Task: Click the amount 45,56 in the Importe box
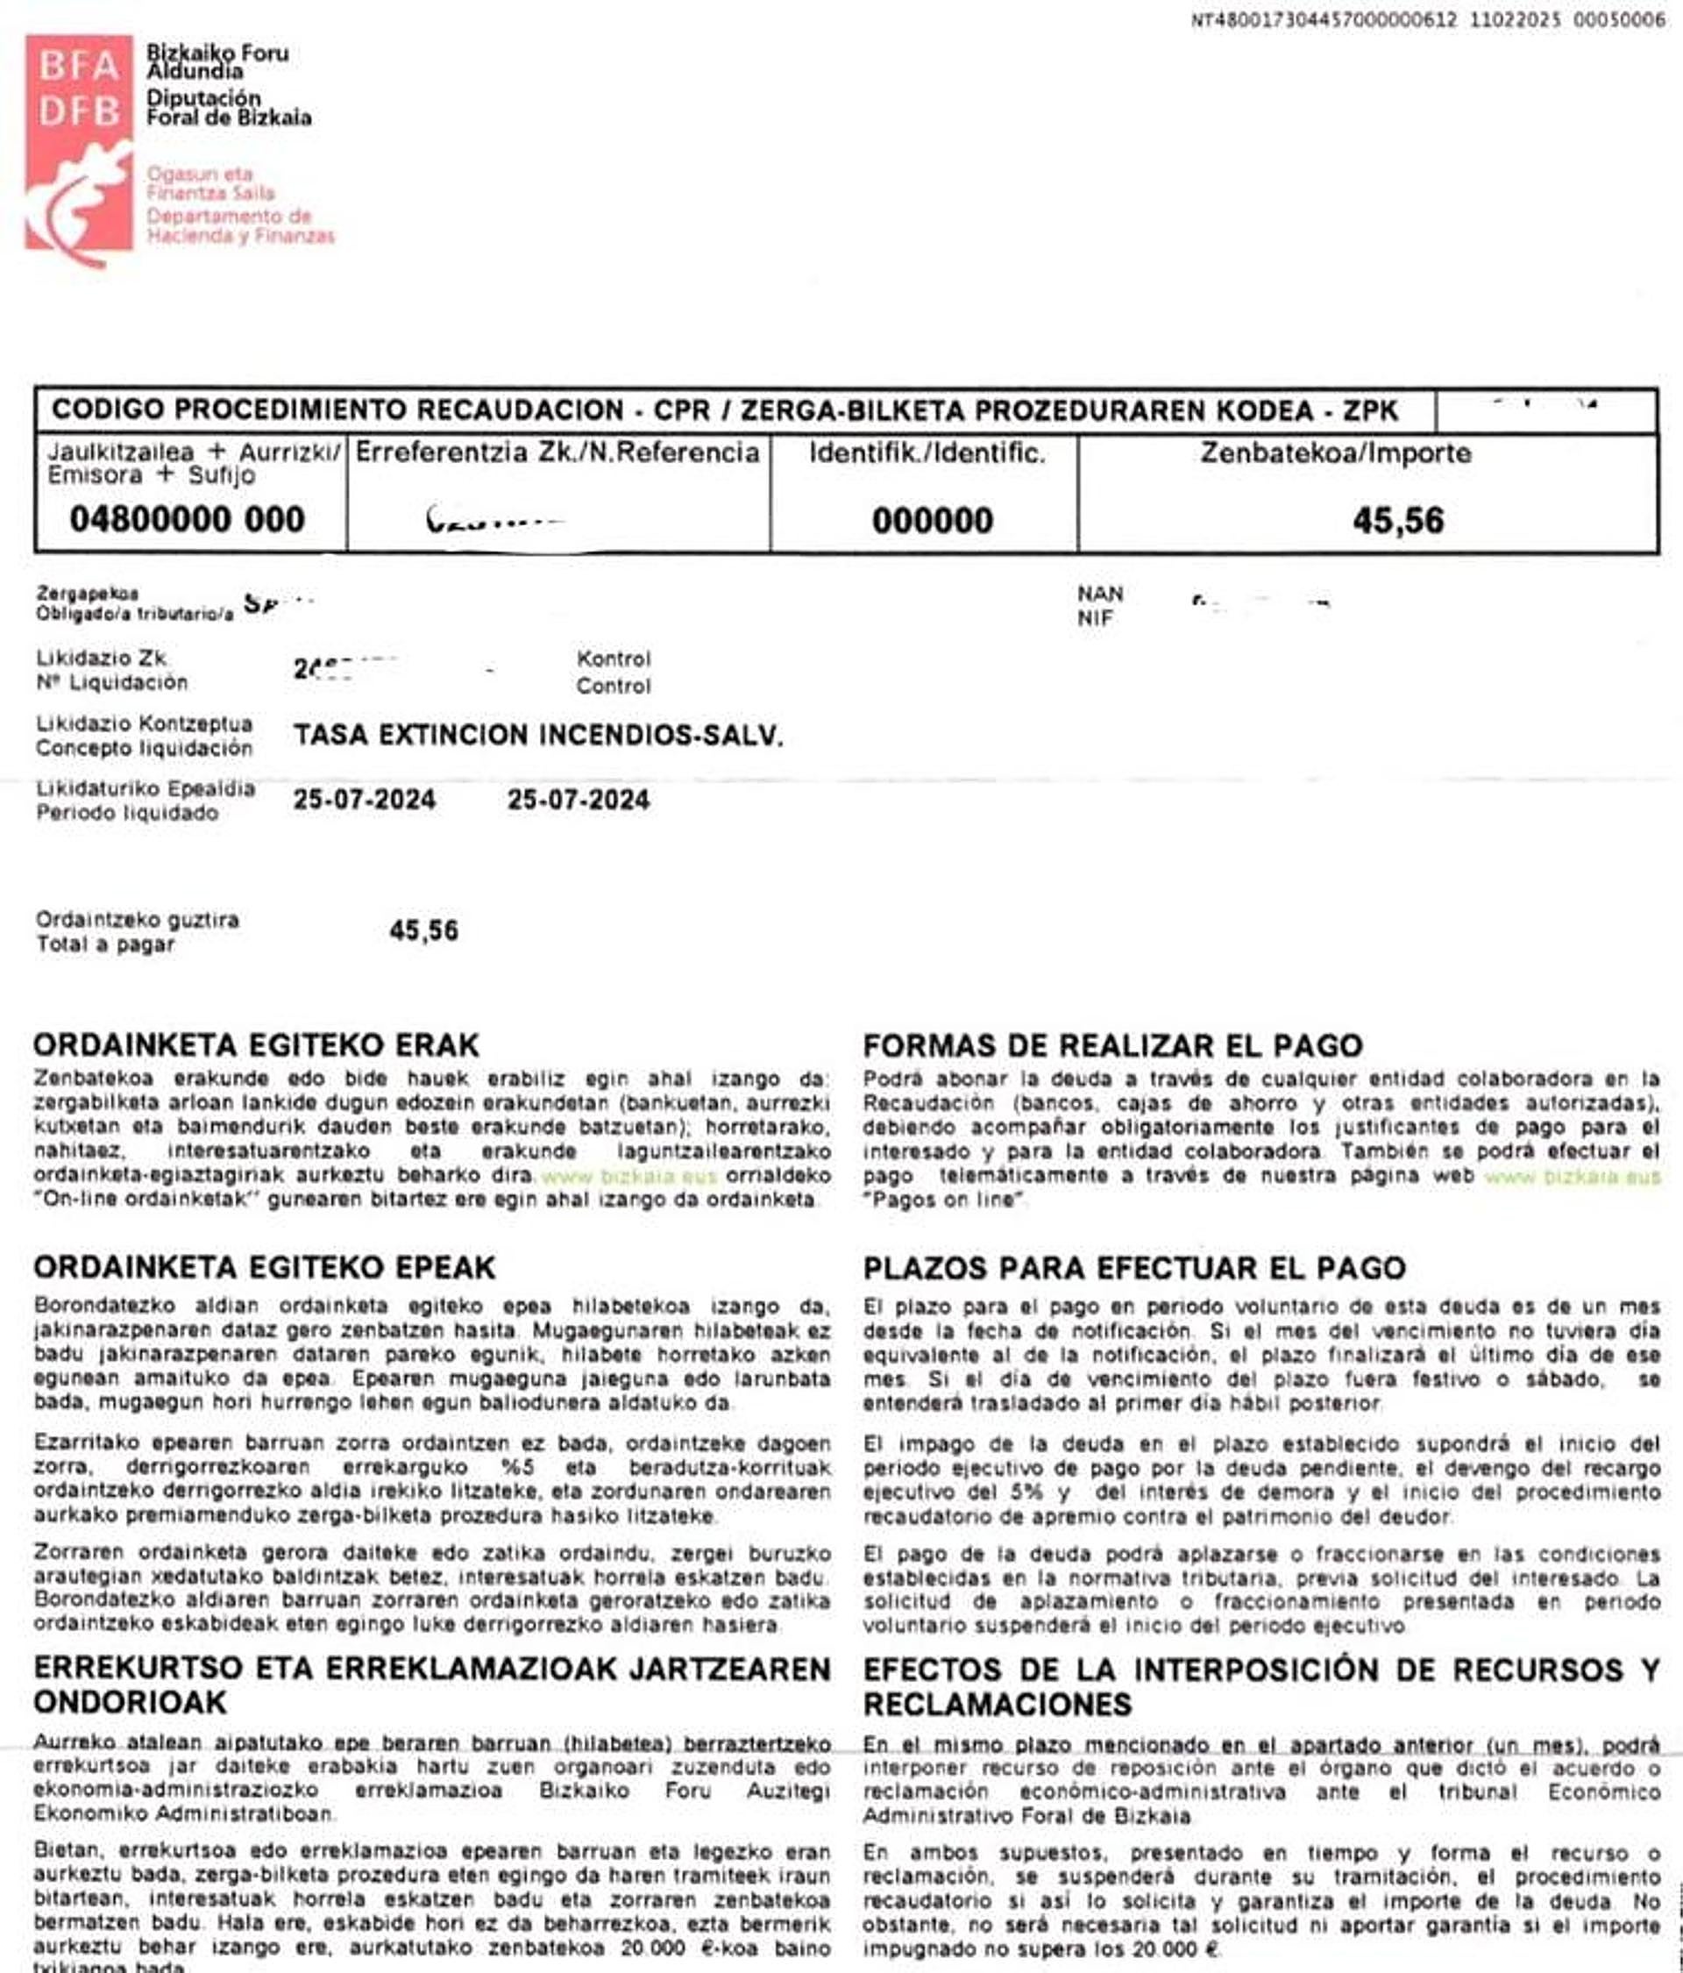1397,520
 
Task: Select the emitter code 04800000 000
188,519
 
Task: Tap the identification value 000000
932,520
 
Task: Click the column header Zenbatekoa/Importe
1335,453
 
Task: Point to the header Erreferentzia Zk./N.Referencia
557,452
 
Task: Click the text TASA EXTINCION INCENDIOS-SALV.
538,735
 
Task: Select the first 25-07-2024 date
365,799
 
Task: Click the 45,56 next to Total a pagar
423,930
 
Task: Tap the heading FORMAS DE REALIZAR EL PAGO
1111,1045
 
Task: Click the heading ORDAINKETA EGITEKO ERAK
256,1045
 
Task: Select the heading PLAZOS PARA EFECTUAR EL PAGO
1133,1268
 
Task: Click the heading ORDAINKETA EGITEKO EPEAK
265,1267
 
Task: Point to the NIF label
1096,619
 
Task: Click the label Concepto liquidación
144,749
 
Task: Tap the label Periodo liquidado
126,813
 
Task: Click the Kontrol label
613,659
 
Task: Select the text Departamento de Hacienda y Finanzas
240,225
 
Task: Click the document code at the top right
1427,20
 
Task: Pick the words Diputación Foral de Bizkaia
229,108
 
